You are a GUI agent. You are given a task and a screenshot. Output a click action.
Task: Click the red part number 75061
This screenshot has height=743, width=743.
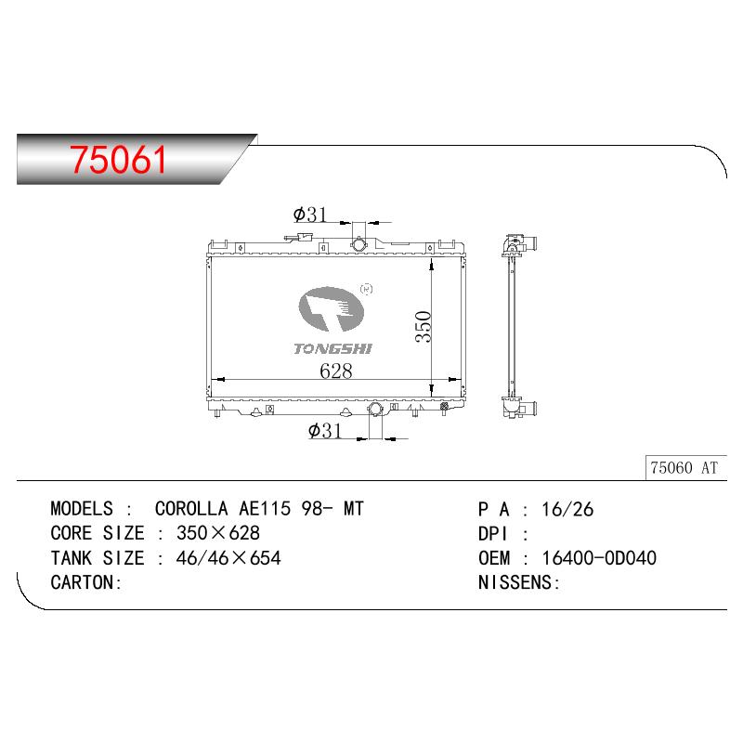coord(118,159)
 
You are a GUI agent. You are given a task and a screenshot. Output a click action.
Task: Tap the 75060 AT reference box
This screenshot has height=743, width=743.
coord(685,468)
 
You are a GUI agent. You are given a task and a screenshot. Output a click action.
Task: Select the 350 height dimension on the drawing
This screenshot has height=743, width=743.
coord(424,327)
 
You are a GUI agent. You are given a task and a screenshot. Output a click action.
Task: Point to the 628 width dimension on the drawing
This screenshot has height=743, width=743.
coord(336,371)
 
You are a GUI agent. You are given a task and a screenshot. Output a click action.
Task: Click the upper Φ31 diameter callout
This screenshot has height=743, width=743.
coord(310,215)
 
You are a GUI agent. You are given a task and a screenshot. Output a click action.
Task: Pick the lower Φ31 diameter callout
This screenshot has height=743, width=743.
coord(324,431)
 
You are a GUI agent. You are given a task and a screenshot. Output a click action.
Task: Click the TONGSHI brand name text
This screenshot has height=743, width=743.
coord(333,349)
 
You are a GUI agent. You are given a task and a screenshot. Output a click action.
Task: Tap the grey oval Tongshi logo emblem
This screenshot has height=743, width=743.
coord(332,309)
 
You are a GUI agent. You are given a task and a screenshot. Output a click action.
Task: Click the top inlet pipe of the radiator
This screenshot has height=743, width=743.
coord(358,243)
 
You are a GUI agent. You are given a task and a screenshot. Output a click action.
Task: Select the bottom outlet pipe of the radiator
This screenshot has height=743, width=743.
coord(375,409)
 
